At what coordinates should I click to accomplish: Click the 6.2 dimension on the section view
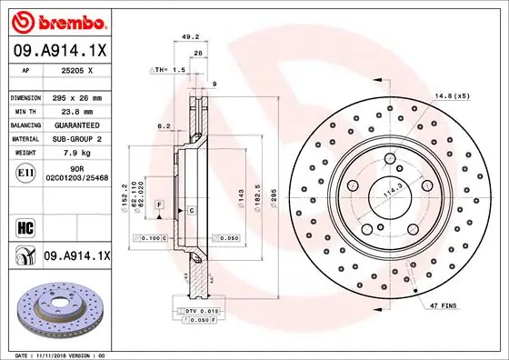tap(164, 126)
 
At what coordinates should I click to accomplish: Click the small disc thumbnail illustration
tap(59, 306)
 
